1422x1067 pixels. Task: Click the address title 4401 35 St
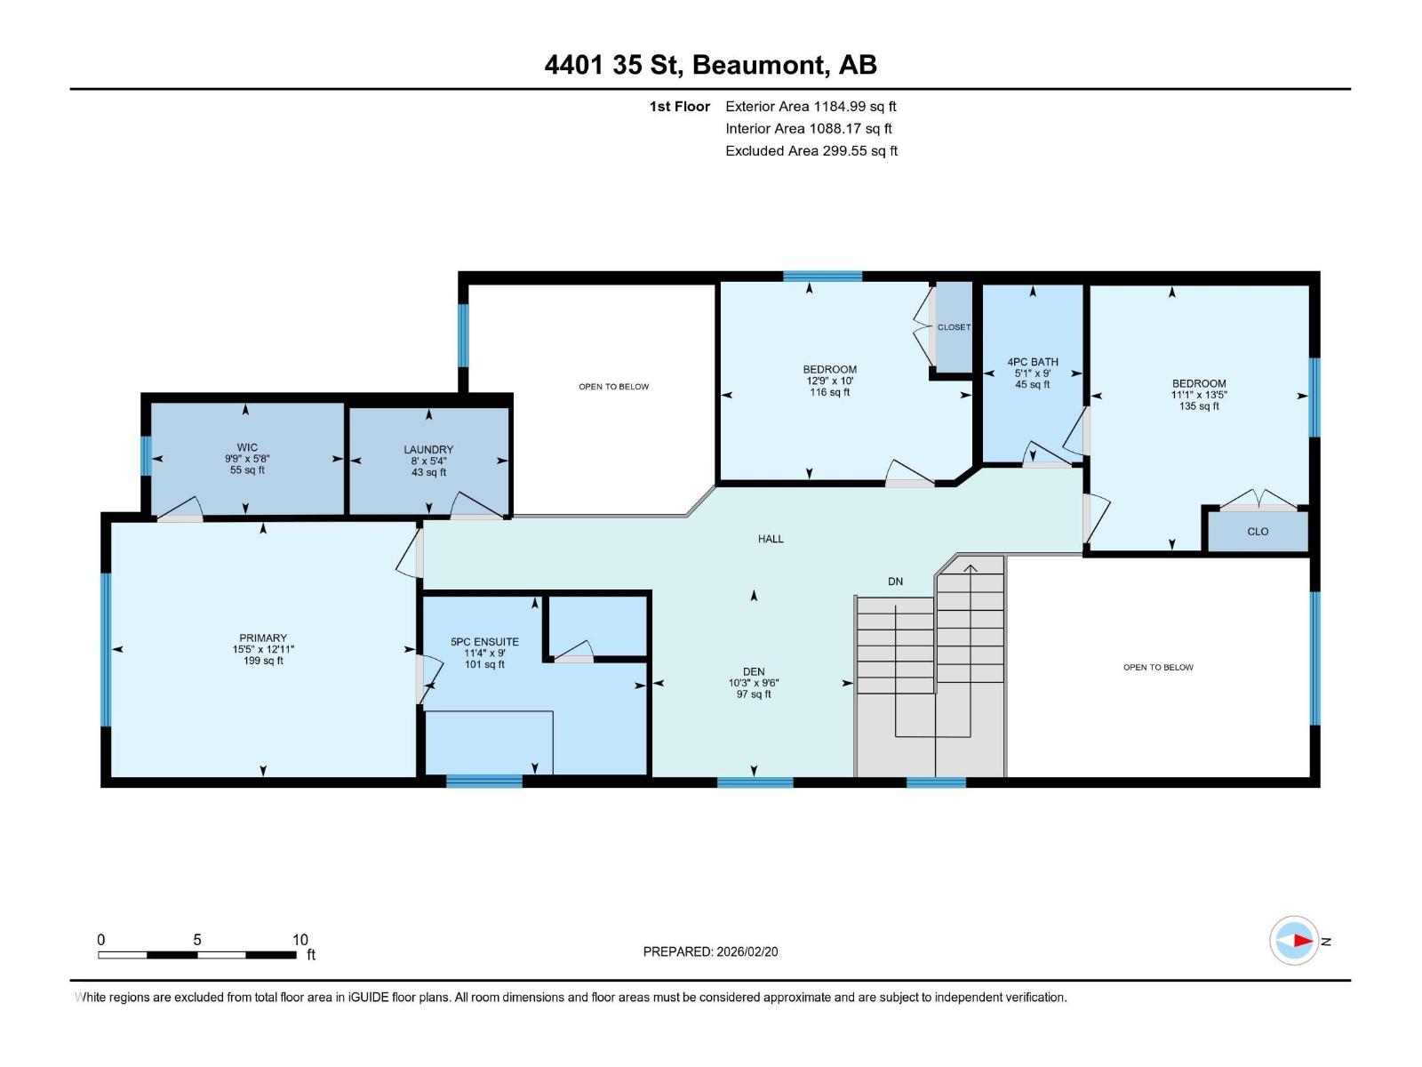[x=613, y=65]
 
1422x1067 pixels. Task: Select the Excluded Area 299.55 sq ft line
[x=811, y=151]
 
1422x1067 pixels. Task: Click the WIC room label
[x=247, y=447]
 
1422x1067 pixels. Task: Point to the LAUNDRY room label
[x=428, y=450]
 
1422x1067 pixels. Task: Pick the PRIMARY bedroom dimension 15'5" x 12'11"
[x=263, y=650]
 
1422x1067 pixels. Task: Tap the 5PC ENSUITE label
[x=484, y=642]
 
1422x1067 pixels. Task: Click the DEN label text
[x=754, y=672]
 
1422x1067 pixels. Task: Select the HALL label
[x=771, y=539]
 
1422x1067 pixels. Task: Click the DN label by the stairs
[x=895, y=582]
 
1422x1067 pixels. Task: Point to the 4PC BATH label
[x=1033, y=362]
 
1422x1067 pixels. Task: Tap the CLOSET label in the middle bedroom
[x=954, y=327]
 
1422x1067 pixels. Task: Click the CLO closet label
[x=1258, y=532]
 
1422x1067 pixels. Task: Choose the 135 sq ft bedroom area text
[x=1199, y=406]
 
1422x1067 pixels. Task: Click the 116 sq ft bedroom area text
[x=829, y=392]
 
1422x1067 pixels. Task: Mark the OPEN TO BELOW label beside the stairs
[x=1158, y=667]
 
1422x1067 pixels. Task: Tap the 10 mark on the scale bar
[x=300, y=940]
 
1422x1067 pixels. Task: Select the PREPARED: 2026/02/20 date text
[x=710, y=951]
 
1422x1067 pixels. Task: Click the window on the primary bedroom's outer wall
[x=106, y=649]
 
